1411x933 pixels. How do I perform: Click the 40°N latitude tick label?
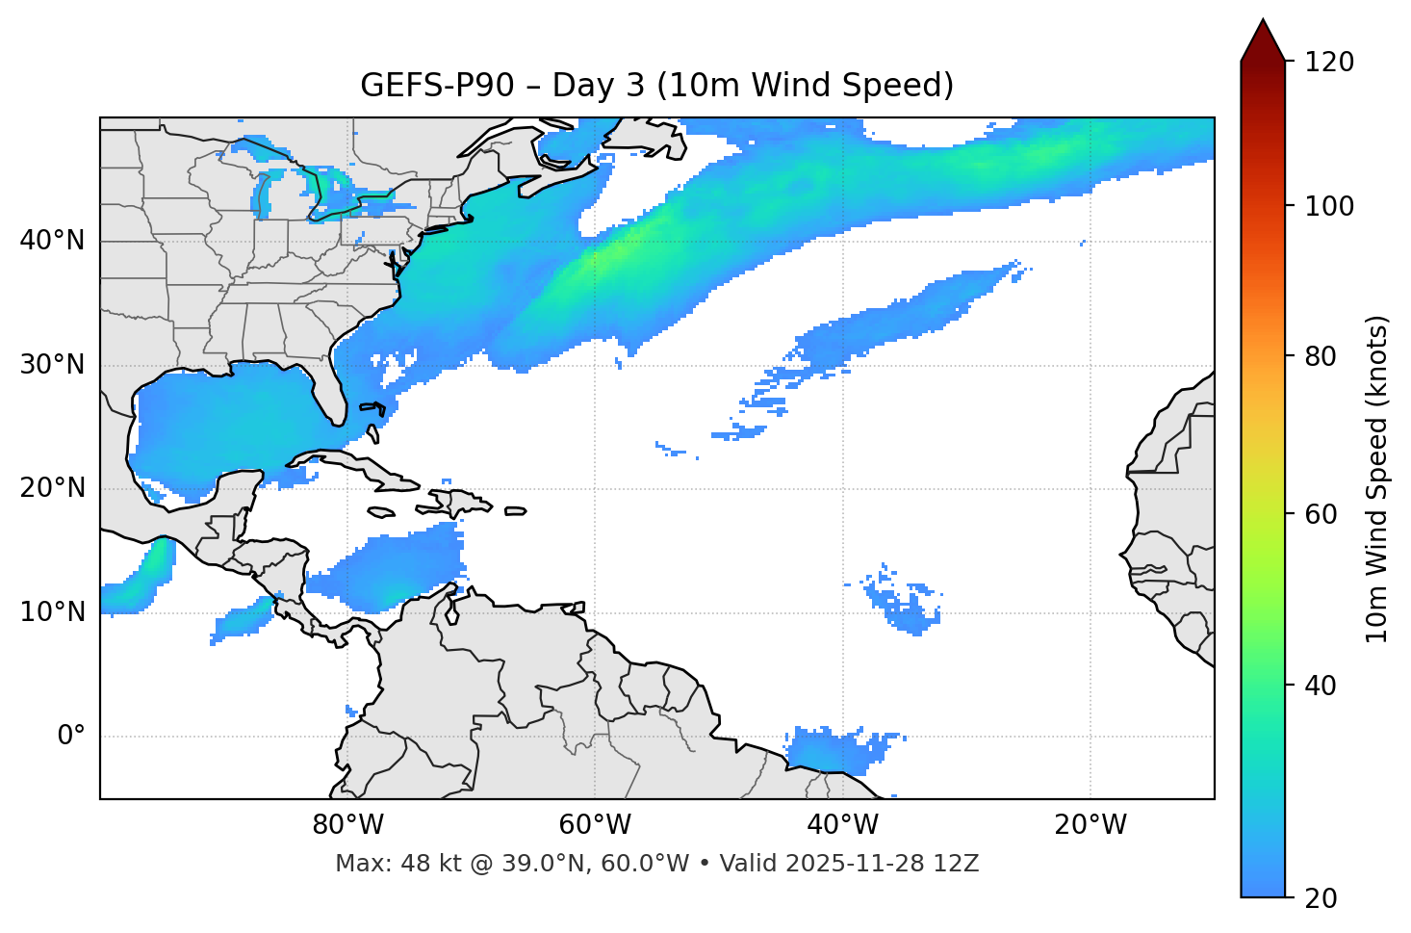click(x=52, y=241)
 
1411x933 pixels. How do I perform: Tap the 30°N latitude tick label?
click(x=52, y=365)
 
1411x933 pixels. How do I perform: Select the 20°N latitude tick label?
click(x=52, y=488)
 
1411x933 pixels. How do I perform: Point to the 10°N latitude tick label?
click(x=52, y=612)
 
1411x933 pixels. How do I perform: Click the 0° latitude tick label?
click(x=71, y=736)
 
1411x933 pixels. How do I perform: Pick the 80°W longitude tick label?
click(x=347, y=825)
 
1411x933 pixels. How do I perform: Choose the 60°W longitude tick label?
click(x=595, y=825)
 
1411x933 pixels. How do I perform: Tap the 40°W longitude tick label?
click(x=842, y=825)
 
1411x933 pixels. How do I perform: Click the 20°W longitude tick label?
click(x=1090, y=825)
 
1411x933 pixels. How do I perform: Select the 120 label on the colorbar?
click(x=1329, y=62)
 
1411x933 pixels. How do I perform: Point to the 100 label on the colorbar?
click(x=1329, y=206)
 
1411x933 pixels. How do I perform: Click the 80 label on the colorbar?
click(x=1321, y=356)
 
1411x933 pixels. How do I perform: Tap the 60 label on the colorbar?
click(x=1321, y=514)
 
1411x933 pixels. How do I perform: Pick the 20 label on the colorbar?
click(x=1321, y=898)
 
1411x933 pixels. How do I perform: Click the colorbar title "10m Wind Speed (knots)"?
click(x=1377, y=479)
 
